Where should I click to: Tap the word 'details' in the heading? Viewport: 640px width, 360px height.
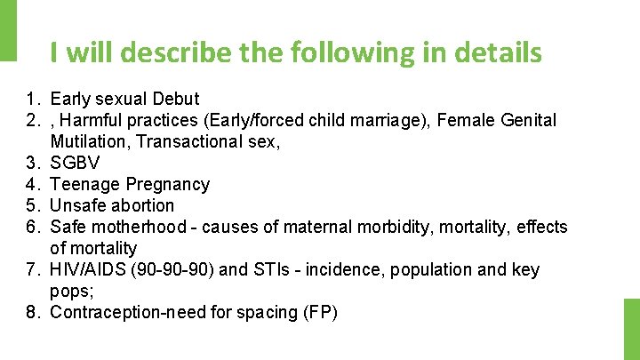tap(497, 53)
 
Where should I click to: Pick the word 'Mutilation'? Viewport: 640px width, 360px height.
tap(88, 141)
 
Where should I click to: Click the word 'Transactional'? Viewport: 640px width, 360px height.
tap(188, 141)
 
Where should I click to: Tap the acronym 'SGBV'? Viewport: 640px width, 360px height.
tap(76, 163)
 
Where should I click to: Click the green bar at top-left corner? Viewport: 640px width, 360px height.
tap(8, 30)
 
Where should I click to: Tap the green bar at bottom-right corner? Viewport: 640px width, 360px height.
tap(631, 329)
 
